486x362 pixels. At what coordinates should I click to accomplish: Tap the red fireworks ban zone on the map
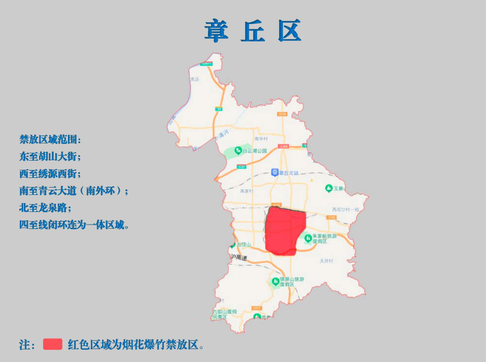click(285, 230)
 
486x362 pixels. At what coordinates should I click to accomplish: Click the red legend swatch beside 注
click(52, 344)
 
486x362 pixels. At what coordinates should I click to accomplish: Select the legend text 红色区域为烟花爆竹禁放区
click(136, 344)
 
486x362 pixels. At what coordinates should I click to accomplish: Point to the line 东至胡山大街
click(50, 157)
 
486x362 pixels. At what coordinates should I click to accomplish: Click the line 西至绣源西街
click(50, 174)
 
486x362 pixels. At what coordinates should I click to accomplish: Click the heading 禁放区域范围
click(50, 140)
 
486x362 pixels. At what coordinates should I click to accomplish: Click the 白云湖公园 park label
click(254, 151)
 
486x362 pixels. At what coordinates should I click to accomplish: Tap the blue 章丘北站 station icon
click(275, 172)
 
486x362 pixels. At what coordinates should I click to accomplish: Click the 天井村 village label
click(326, 261)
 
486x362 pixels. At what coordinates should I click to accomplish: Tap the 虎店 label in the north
click(194, 79)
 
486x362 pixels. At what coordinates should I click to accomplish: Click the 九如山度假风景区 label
click(224, 314)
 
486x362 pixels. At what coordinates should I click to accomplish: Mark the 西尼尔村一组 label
click(345, 209)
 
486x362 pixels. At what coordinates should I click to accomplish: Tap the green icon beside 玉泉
click(329, 188)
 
